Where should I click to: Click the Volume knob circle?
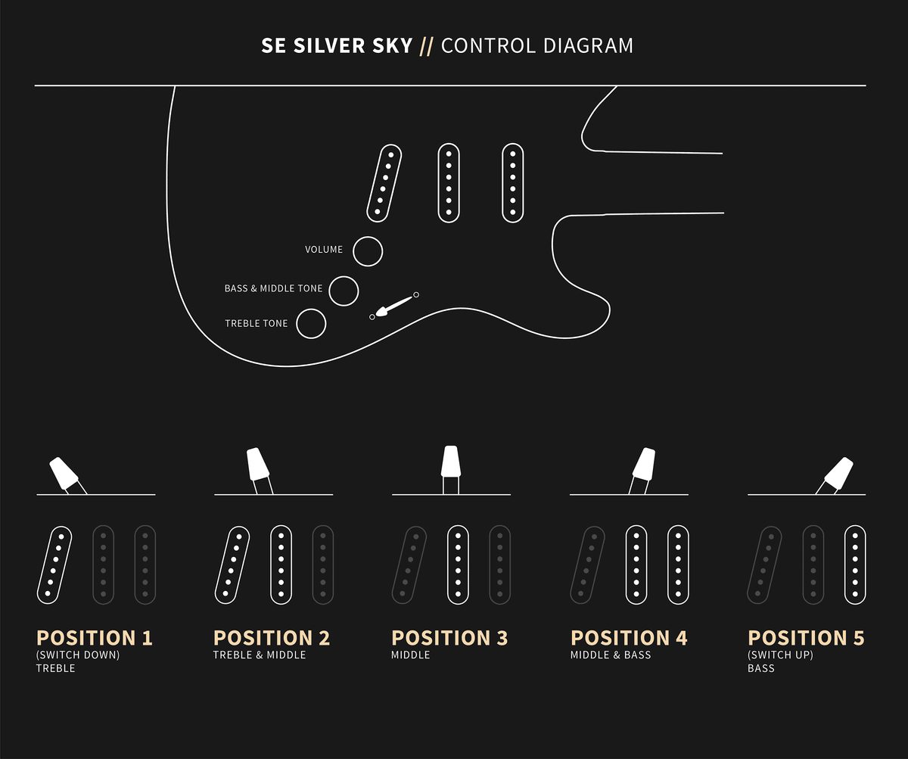(368, 251)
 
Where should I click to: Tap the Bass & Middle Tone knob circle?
(344, 291)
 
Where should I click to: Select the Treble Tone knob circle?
(311, 324)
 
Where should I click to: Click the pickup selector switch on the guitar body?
(394, 306)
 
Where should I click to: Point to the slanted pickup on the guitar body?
(384, 183)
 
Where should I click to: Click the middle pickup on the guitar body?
(449, 183)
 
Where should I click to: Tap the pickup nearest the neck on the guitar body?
(513, 183)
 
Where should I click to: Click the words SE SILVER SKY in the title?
(337, 45)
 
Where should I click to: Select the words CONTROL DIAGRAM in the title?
(537, 45)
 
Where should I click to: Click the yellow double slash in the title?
(427, 47)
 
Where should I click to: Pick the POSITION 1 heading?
(95, 638)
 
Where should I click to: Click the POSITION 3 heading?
(449, 638)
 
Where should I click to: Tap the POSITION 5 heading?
(807, 638)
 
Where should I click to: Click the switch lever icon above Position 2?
(260, 471)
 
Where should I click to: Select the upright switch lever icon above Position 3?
(450, 470)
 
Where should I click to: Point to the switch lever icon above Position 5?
(834, 475)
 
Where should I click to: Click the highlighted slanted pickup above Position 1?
(54, 565)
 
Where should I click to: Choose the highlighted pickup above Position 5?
(855, 565)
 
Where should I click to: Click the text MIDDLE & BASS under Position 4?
(611, 655)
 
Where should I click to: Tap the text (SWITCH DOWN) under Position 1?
(78, 655)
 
